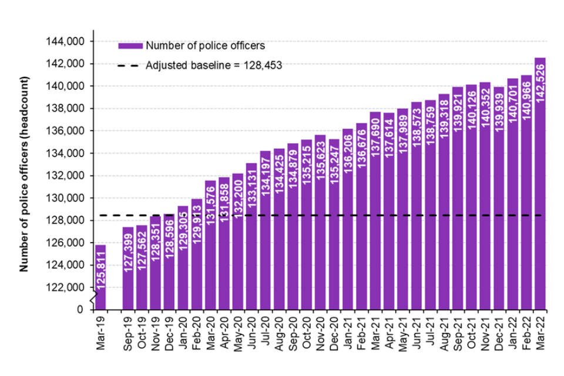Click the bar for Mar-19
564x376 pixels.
pos(100,276)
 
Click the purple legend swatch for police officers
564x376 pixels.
pos(130,46)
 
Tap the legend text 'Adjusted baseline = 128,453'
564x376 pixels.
pos(214,66)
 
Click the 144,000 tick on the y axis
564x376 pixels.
pos(68,42)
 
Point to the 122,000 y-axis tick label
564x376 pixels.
pos(68,287)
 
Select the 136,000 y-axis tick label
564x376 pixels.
pos(68,131)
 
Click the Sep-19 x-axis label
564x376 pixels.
pos(129,333)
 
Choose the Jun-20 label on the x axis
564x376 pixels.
pos(251,333)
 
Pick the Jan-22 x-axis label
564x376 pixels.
pos(512,333)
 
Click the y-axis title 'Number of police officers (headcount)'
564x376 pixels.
pos(25,176)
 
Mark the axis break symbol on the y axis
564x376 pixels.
pos(92,300)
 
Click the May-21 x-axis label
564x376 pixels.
pos(402,333)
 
